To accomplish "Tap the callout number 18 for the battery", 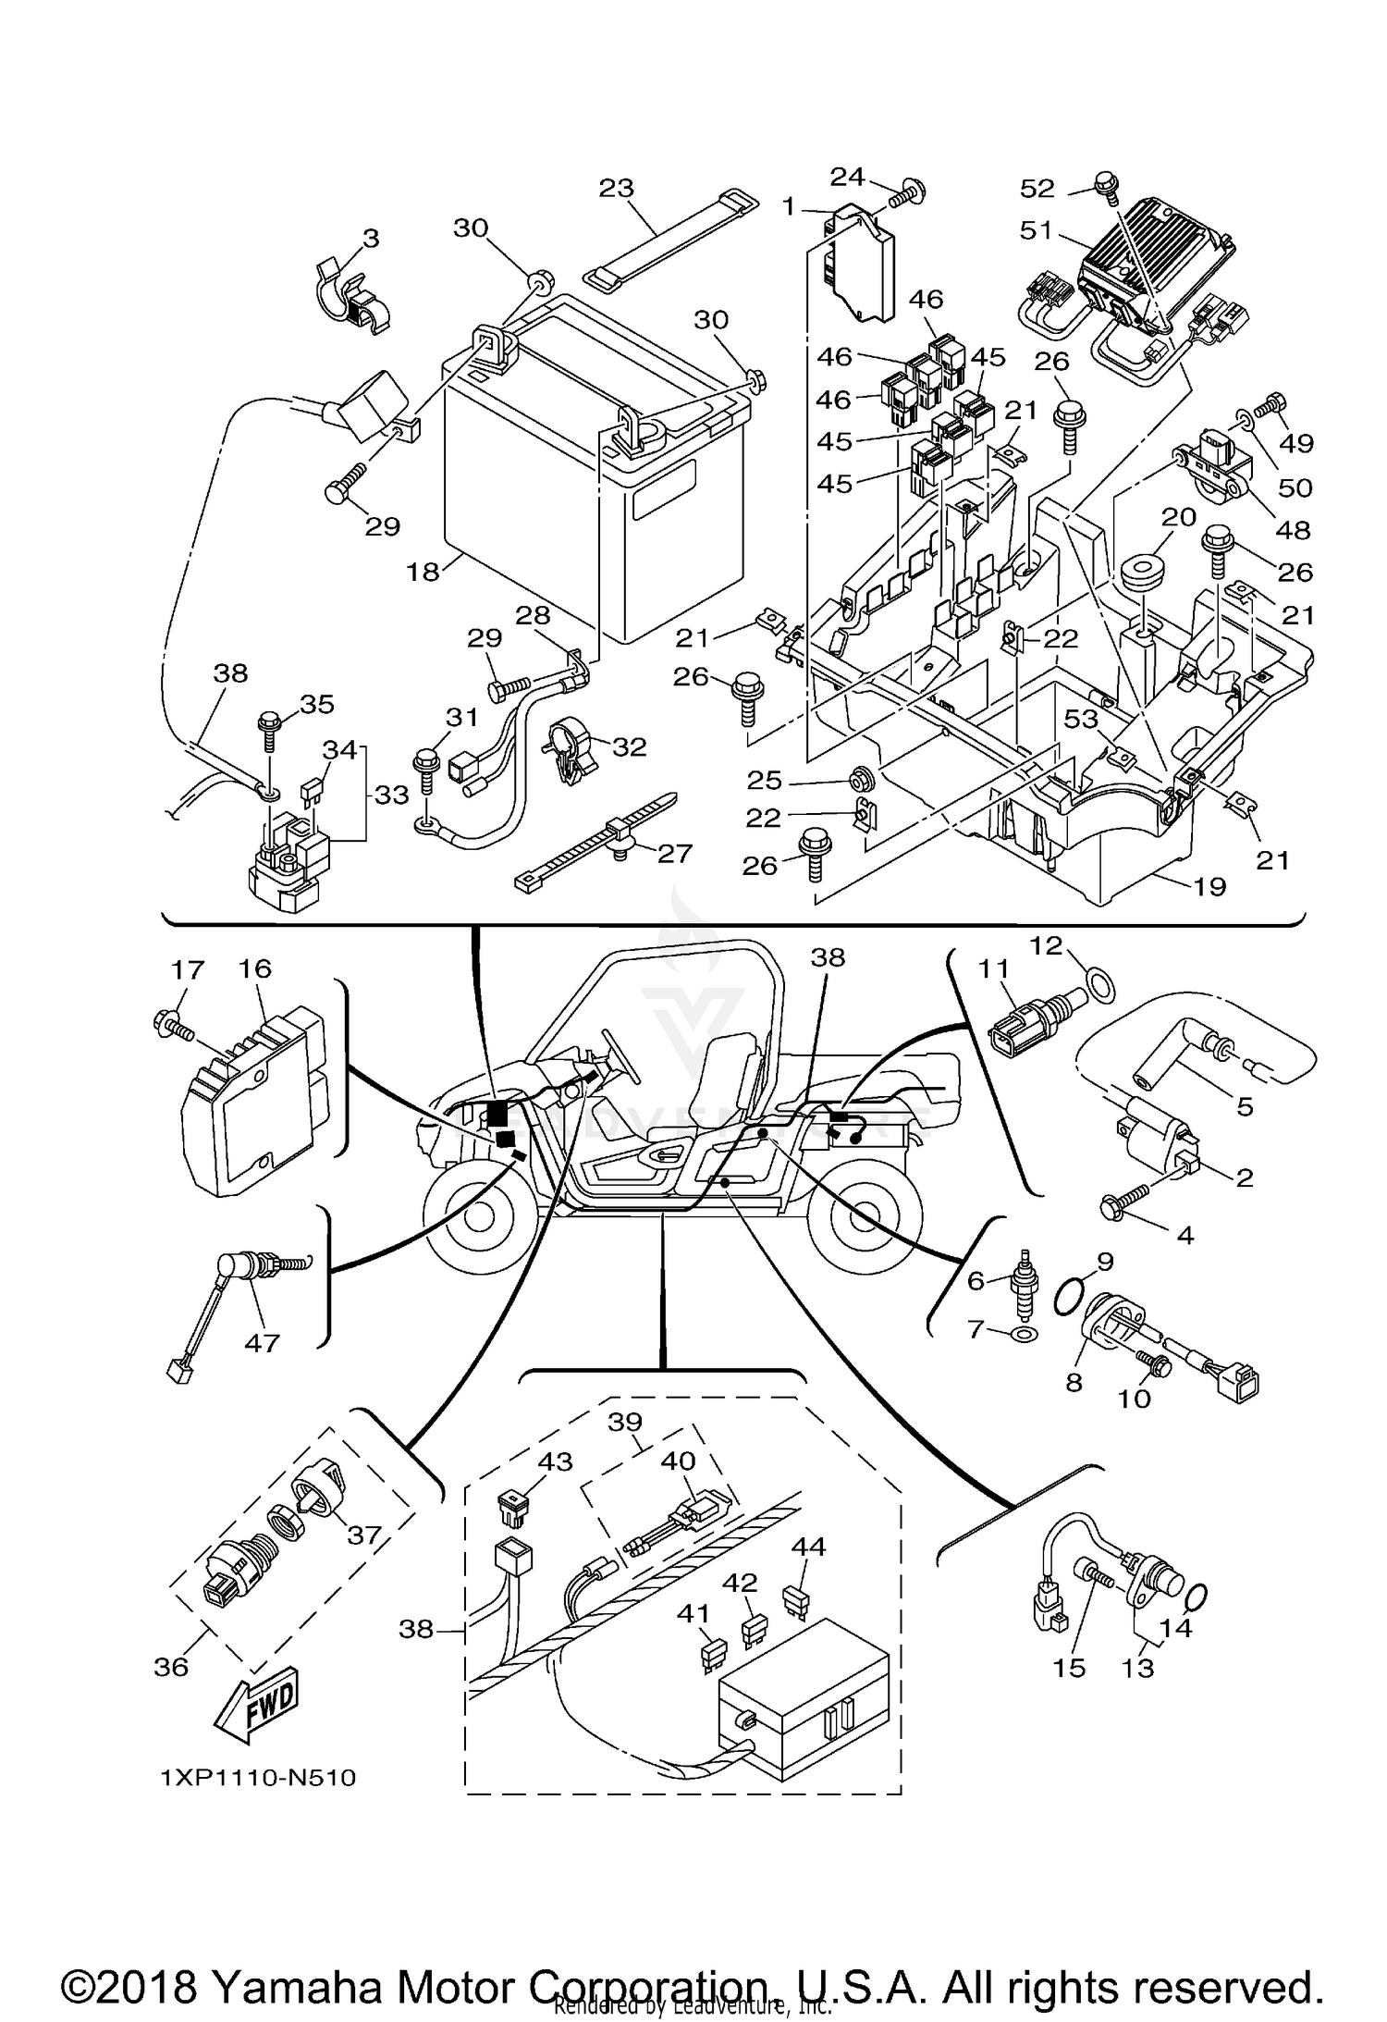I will click(x=423, y=573).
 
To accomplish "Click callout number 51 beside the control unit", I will click(x=1037, y=229).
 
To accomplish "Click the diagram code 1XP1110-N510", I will click(x=258, y=1778).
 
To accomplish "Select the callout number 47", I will click(x=262, y=1341).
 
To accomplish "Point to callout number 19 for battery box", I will click(x=1209, y=886).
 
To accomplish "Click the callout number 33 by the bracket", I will click(x=391, y=794).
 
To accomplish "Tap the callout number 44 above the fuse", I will click(x=809, y=1547).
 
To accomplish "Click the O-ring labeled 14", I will click(x=1196, y=1597).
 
